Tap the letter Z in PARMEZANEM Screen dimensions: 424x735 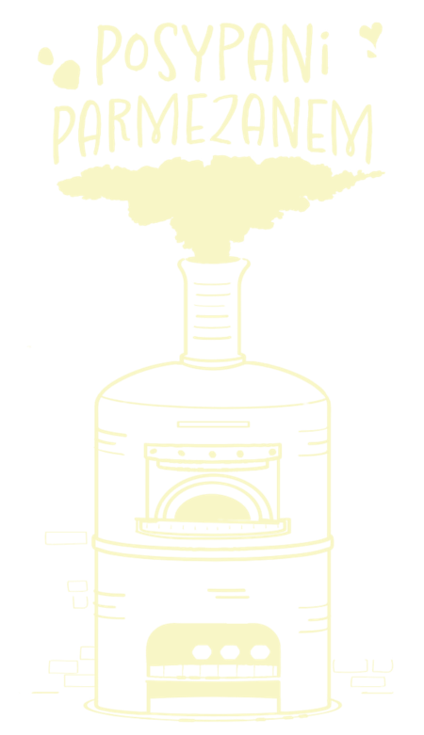coord(223,120)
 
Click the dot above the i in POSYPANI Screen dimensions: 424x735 coord(324,35)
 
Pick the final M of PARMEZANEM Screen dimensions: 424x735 coord(352,131)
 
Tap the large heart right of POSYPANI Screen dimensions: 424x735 coord(370,34)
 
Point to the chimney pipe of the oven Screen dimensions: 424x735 coord(213,310)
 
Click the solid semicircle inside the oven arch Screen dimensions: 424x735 coord(212,507)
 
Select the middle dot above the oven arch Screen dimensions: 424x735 coord(212,455)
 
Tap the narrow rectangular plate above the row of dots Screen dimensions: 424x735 coord(213,424)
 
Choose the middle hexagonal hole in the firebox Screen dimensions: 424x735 coord(230,651)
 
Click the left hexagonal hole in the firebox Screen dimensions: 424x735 coord(202,651)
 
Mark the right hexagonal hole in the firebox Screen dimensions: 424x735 coord(260,651)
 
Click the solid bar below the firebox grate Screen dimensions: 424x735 coord(213,689)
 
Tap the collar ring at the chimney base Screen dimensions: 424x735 coord(213,361)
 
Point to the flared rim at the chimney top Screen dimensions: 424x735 coord(213,260)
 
